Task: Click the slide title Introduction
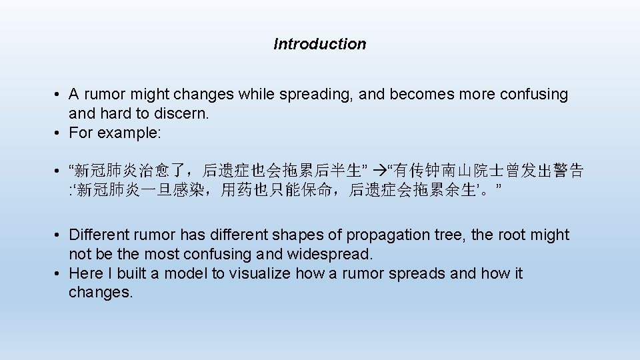coord(319,44)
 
